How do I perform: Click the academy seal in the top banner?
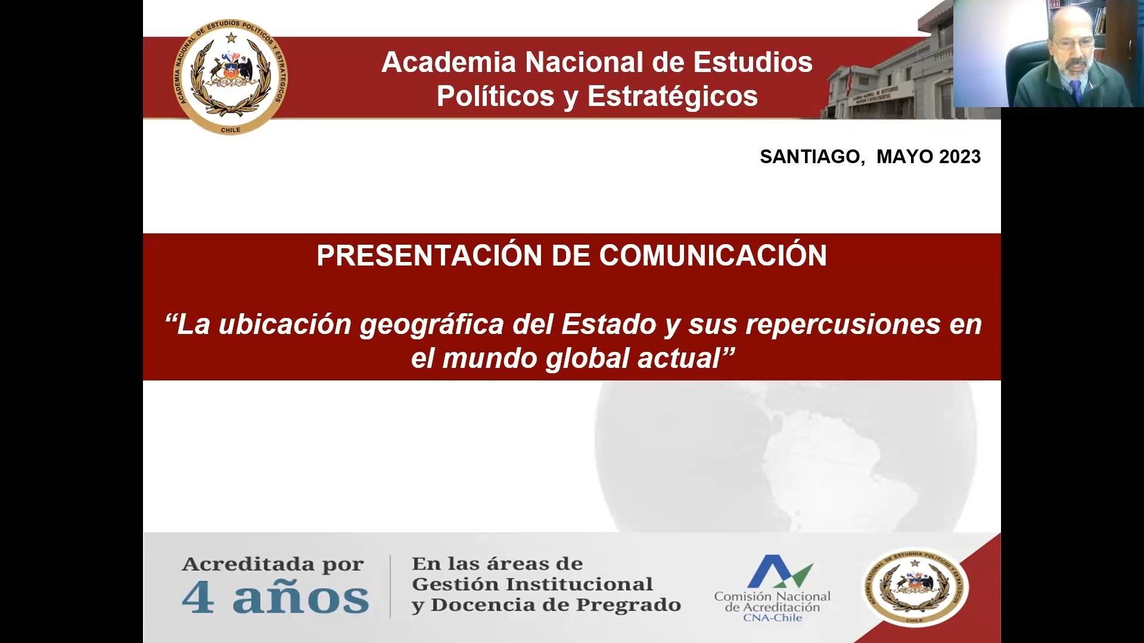[x=231, y=77]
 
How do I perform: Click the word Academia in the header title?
[x=449, y=63]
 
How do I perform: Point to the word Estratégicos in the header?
[x=672, y=96]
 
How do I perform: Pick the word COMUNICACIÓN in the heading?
[x=713, y=255]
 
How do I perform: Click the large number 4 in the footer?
[x=198, y=597]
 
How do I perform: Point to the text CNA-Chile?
[x=772, y=618]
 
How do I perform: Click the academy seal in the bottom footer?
[x=916, y=588]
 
